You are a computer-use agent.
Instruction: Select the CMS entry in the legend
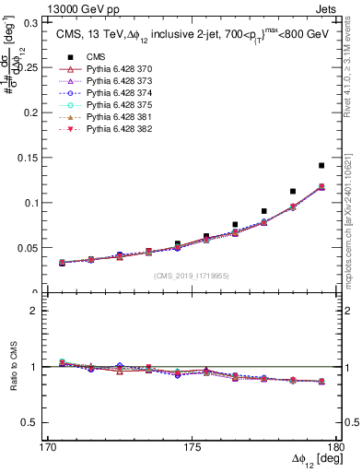coord(83,57)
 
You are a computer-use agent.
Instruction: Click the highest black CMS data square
coord(321,166)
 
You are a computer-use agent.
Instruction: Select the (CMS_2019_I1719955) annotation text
coord(192,275)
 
